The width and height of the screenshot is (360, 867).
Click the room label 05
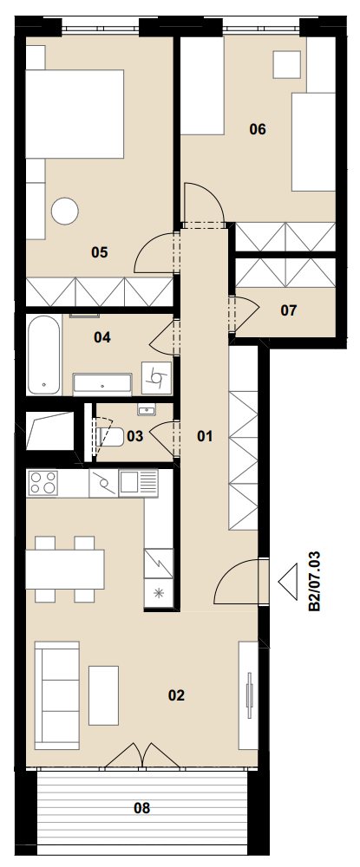(x=100, y=252)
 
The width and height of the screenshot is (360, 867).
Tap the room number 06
(x=258, y=129)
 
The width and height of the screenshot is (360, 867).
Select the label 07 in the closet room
(x=289, y=310)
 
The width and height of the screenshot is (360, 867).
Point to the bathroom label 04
(x=101, y=337)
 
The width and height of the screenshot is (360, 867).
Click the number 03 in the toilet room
(x=135, y=436)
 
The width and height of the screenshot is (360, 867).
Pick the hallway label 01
(x=205, y=436)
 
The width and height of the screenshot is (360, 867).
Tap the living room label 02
(x=176, y=695)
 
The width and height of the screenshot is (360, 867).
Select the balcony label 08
(x=142, y=808)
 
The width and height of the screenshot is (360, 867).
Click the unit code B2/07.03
(x=314, y=580)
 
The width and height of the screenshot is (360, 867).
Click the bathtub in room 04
(x=44, y=355)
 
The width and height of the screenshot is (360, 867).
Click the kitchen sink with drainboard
(x=138, y=483)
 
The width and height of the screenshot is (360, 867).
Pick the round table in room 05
(x=65, y=212)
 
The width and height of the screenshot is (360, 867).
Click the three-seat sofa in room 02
(x=57, y=695)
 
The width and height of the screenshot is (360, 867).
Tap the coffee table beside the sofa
(x=103, y=695)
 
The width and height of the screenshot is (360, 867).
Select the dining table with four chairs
(x=65, y=569)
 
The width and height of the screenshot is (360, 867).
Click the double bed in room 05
(x=75, y=114)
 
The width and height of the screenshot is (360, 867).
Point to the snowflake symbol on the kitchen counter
(x=160, y=594)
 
